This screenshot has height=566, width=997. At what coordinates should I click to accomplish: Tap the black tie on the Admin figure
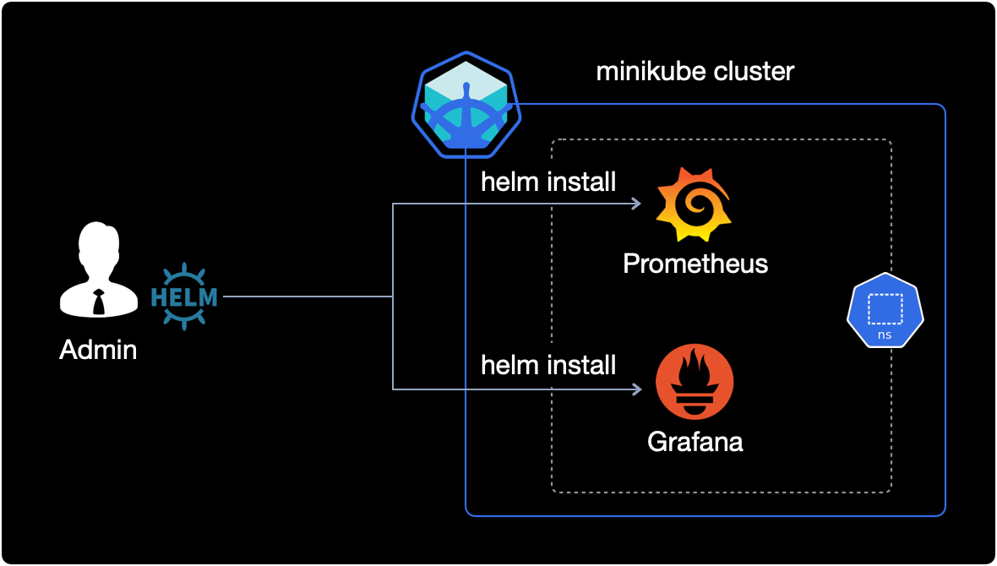(x=99, y=301)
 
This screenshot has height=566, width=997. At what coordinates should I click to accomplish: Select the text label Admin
(x=98, y=349)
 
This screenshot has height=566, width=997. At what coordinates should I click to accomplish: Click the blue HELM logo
(x=183, y=297)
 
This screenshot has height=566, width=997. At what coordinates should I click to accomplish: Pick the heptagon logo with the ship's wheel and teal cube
(x=465, y=108)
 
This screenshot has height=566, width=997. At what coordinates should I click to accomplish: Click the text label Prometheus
(x=695, y=264)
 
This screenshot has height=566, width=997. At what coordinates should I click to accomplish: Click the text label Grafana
(x=695, y=441)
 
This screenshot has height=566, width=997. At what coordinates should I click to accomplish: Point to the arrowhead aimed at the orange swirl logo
(x=635, y=204)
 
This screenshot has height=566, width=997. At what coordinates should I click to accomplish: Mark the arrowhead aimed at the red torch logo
(x=635, y=389)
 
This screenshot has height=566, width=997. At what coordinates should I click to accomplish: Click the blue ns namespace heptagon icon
(x=885, y=310)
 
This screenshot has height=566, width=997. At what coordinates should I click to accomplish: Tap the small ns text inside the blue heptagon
(x=885, y=335)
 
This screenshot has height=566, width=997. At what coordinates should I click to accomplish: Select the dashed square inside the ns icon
(x=885, y=308)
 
